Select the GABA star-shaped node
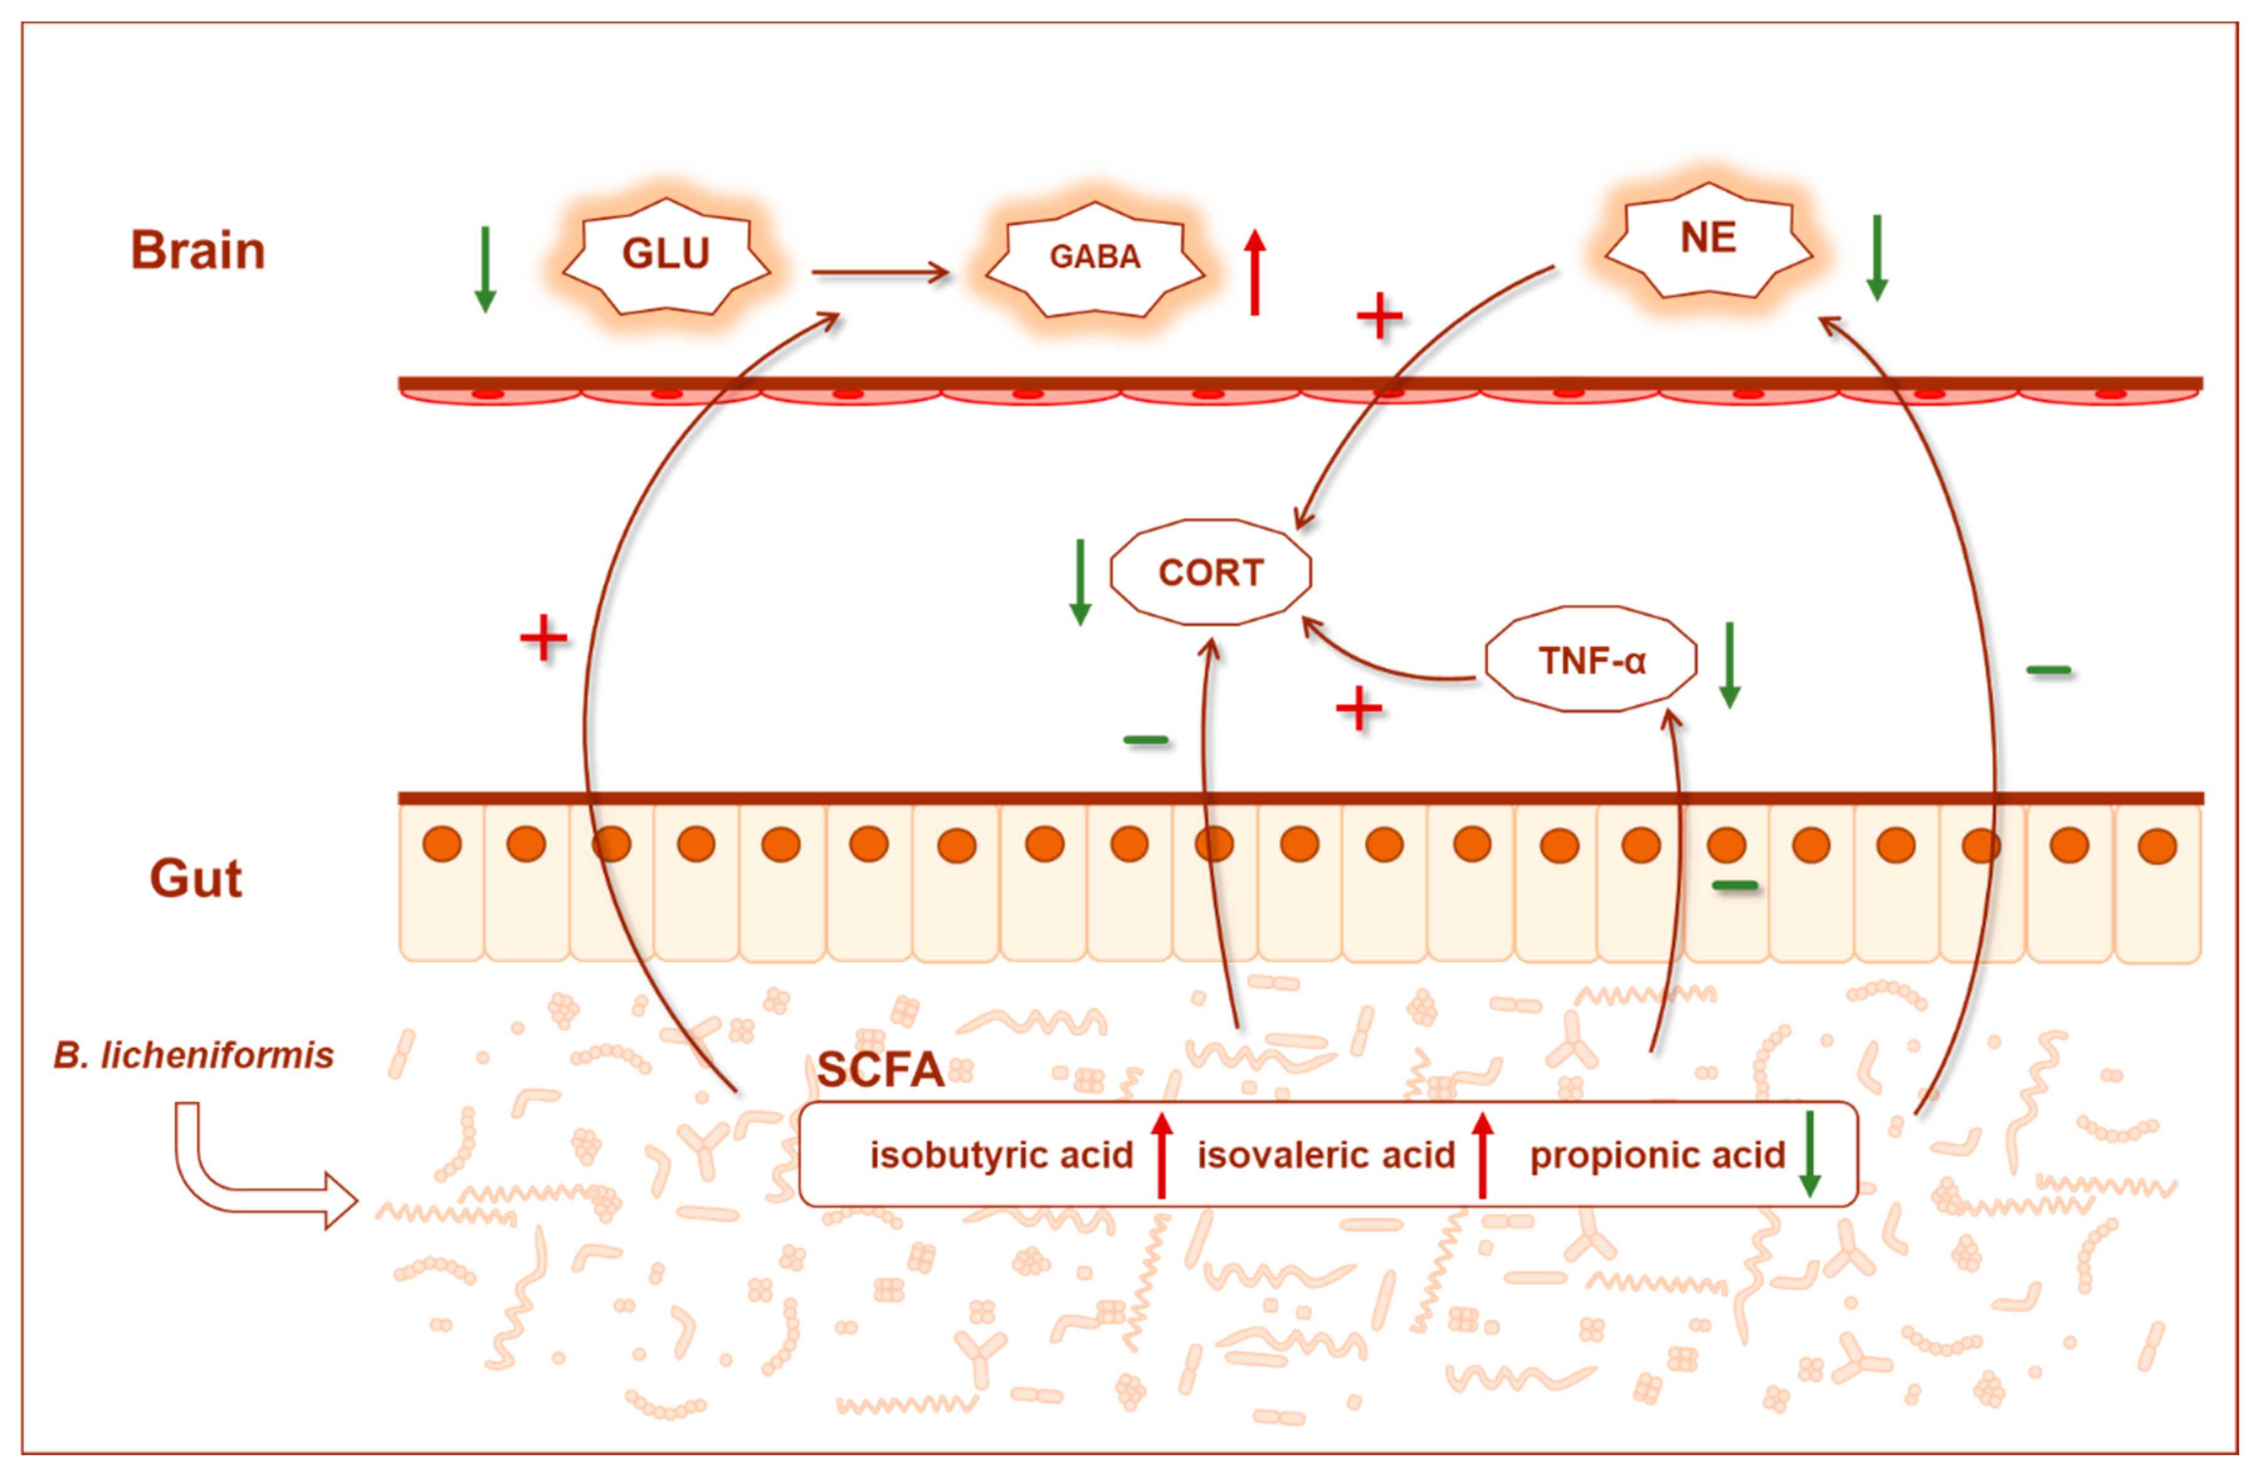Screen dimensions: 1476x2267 [x=1094, y=257]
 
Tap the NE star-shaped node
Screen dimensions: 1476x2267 [x=1708, y=238]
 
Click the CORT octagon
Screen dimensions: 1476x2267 [x=1211, y=572]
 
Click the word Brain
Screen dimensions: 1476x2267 [x=197, y=250]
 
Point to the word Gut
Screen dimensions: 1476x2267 [x=196, y=878]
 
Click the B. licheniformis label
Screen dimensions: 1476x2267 [x=193, y=1055]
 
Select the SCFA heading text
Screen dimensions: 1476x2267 [x=880, y=1069]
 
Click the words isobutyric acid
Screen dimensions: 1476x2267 [x=1001, y=1155]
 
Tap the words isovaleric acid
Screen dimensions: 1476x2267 [x=1326, y=1155]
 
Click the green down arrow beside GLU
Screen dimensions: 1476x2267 [x=485, y=270]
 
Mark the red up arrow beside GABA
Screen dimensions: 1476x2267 [x=1255, y=272]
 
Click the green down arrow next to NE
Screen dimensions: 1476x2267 [x=1876, y=257]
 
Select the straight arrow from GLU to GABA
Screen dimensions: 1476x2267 [x=880, y=273]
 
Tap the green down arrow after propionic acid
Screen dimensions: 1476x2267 [x=1810, y=1154]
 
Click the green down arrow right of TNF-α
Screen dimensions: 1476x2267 [x=1730, y=664]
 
